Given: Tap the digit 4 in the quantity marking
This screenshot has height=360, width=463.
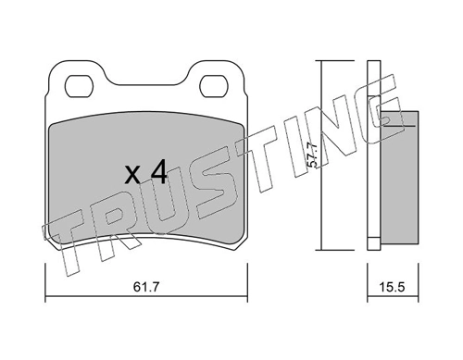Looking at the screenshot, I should pyautogui.click(x=157, y=171).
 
